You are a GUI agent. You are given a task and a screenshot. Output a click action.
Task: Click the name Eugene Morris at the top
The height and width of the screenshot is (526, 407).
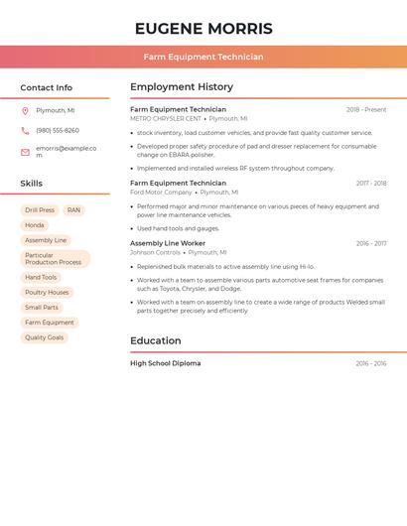click(x=203, y=29)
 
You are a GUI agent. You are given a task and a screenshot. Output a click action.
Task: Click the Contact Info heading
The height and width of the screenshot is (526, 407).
click(x=47, y=87)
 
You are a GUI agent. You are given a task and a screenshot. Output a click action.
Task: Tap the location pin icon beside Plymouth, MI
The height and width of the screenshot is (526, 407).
click(x=25, y=110)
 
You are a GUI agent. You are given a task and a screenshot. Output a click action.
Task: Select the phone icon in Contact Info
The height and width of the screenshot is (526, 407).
click(x=25, y=130)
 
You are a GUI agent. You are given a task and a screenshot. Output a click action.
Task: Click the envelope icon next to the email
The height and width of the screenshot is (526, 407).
click(x=25, y=151)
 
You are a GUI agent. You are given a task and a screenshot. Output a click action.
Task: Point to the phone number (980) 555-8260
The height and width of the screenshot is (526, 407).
click(x=58, y=130)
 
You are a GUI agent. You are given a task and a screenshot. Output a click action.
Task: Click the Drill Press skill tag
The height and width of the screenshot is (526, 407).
click(x=40, y=210)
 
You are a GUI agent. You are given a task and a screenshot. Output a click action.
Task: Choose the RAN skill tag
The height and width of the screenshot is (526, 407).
click(x=73, y=210)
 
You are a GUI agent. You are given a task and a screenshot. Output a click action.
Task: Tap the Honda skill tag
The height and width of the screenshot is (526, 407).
click(x=35, y=225)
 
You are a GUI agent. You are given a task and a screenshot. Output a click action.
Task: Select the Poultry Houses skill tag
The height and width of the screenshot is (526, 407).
click(x=47, y=293)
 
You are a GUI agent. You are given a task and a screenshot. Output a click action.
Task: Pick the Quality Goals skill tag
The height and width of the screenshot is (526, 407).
click(x=44, y=337)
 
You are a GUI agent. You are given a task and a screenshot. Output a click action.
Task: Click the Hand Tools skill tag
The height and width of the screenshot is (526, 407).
click(x=41, y=278)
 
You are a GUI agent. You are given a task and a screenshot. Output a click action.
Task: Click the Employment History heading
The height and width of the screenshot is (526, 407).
click(x=182, y=87)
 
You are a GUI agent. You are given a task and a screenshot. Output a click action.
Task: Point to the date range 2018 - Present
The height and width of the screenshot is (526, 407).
click(x=366, y=109)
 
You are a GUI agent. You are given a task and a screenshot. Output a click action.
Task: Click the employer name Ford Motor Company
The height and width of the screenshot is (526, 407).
click(x=161, y=193)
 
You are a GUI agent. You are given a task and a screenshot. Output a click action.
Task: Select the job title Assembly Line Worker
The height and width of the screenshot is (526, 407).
click(x=168, y=243)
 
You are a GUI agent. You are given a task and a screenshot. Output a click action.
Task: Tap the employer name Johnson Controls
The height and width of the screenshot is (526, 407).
click(x=155, y=252)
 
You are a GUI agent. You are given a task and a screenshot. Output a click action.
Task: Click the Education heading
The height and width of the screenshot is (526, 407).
click(x=156, y=340)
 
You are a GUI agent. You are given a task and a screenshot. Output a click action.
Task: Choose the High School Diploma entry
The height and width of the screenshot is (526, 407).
click(x=165, y=363)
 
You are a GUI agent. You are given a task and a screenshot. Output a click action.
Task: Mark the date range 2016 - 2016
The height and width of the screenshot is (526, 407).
click(x=371, y=363)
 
